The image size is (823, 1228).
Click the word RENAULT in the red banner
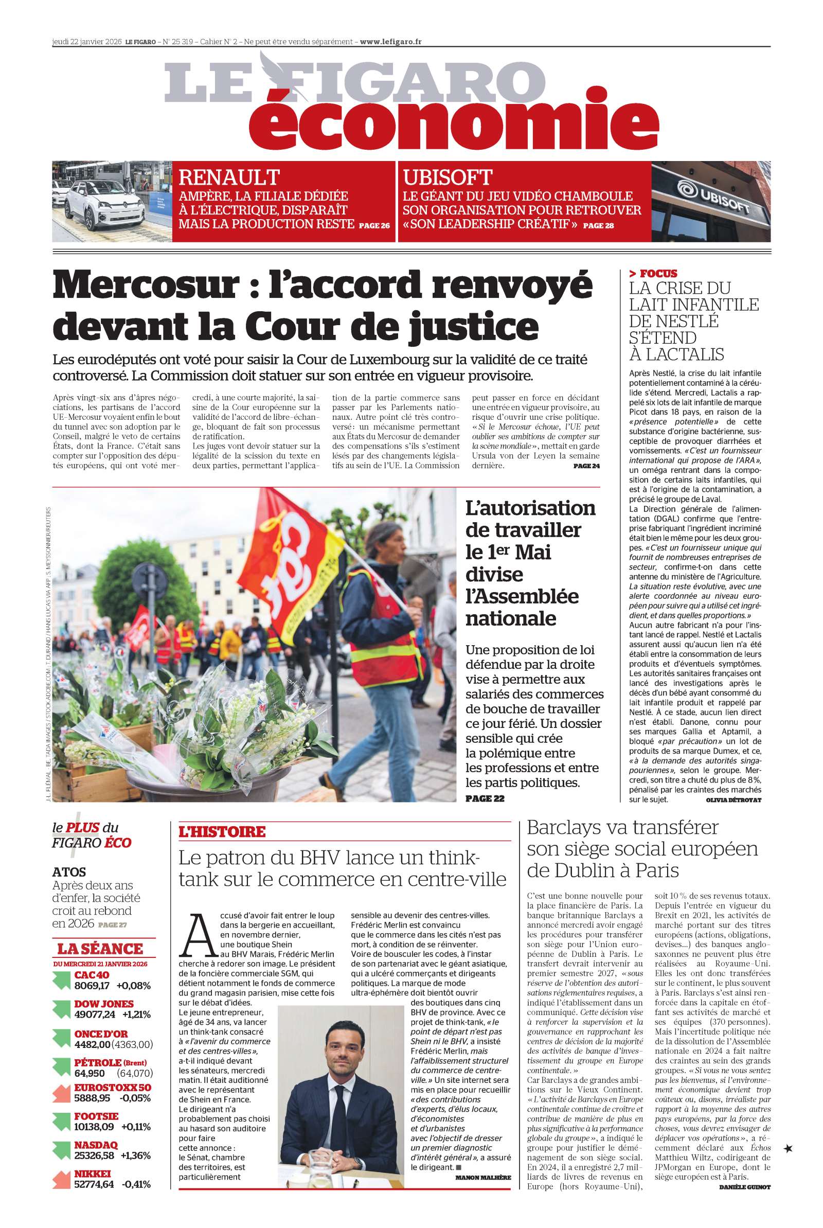[229, 178]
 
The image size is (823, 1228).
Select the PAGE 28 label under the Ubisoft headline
[598, 226]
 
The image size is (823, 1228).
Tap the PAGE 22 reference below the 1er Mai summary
[485, 798]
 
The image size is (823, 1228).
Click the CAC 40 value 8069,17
[92, 986]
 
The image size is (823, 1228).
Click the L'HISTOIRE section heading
[222, 832]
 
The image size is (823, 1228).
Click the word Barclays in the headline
[570, 828]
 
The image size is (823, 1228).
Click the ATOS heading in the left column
[69, 872]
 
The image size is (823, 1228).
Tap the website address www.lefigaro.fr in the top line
[390, 42]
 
